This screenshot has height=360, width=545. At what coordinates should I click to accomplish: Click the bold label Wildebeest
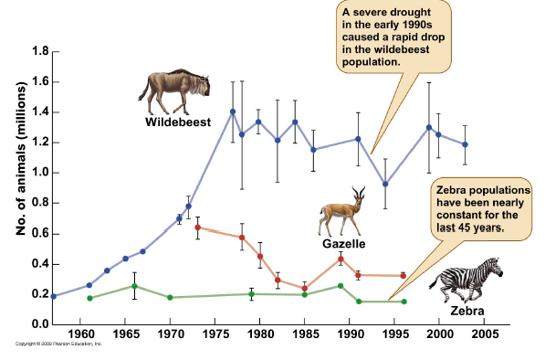177,122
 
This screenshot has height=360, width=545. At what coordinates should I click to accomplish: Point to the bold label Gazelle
344,244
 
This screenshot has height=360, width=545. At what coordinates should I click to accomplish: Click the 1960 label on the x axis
81,334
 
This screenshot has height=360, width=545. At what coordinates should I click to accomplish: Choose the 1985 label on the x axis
304,334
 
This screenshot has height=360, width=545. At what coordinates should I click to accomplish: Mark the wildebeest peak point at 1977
233,111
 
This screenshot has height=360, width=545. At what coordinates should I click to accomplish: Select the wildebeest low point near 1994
385,184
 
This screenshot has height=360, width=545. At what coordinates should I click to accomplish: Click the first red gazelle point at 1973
198,227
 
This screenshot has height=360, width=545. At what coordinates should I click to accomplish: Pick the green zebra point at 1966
134,286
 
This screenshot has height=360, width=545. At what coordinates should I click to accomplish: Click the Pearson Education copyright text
59,344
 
